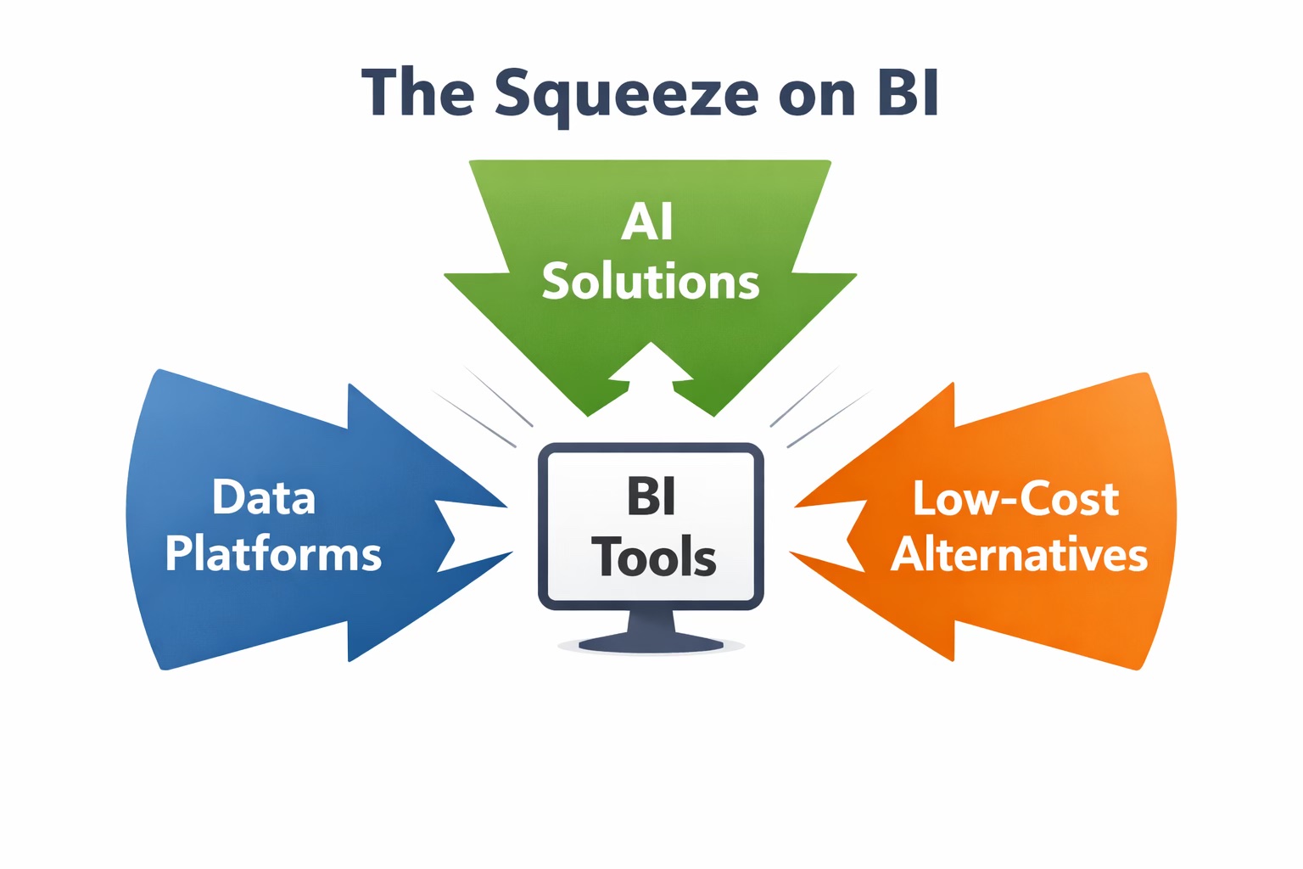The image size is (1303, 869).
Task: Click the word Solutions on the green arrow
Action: click(651, 282)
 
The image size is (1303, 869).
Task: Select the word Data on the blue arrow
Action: click(264, 497)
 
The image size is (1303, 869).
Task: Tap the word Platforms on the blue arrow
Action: click(273, 553)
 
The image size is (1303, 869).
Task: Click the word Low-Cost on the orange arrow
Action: click(1015, 499)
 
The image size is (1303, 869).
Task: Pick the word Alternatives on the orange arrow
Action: click(1019, 555)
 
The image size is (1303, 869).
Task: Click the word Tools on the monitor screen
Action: click(653, 558)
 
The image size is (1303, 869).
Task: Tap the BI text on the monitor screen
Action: click(651, 496)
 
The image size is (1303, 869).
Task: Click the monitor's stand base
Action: click(651, 644)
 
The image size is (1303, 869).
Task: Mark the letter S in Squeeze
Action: click(512, 92)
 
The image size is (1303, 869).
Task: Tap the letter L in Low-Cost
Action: click(923, 498)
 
